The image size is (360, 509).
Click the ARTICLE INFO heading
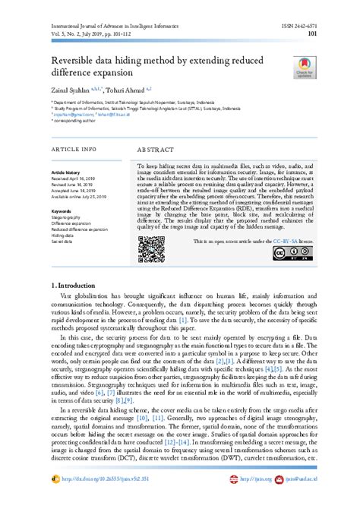pyautogui.click(x=74, y=150)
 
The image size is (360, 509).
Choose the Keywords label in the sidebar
pyautogui.click(x=62, y=210)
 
